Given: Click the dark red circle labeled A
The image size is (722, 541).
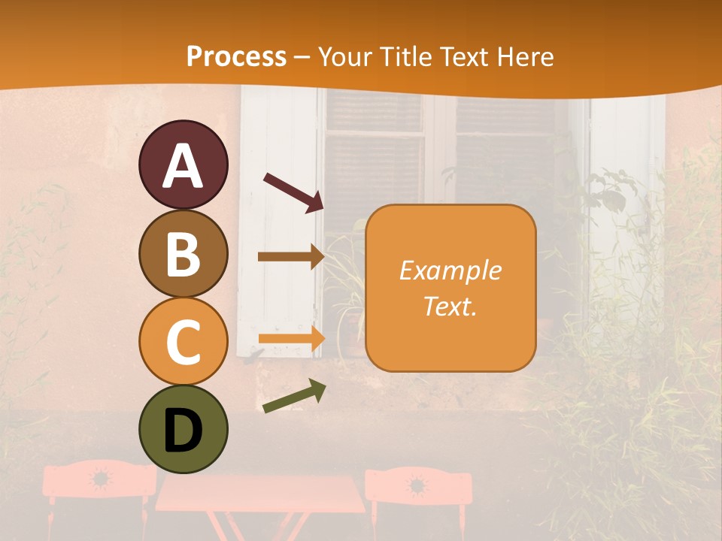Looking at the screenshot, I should pyautogui.click(x=183, y=165).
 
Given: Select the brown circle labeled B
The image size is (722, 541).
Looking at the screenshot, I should pyautogui.click(x=183, y=253).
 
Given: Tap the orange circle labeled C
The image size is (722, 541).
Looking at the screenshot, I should pyautogui.click(x=183, y=341).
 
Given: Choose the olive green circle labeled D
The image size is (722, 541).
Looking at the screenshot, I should pyautogui.click(x=183, y=429).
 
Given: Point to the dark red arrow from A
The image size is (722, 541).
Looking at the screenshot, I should pyautogui.click(x=293, y=191).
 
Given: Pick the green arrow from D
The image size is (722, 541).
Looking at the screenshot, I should pyautogui.click(x=294, y=397).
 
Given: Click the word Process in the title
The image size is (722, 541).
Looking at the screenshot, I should pyautogui.click(x=236, y=57).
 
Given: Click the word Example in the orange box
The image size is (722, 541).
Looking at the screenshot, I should pyautogui.click(x=450, y=270).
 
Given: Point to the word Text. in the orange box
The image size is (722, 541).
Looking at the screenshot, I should pyautogui.click(x=450, y=307).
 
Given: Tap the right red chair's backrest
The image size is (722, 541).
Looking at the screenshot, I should pyautogui.click(x=418, y=485).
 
